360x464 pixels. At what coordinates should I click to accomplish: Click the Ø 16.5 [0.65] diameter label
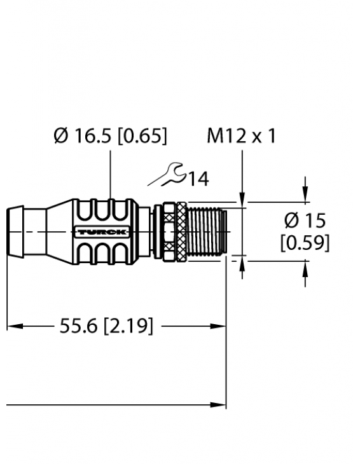[x=111, y=136]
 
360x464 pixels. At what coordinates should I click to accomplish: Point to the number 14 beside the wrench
[x=198, y=179]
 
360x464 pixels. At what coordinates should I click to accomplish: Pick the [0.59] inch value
[x=305, y=242]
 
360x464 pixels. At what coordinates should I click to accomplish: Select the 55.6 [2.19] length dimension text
[x=106, y=326]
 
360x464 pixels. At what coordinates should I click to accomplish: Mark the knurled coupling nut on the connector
[x=170, y=231]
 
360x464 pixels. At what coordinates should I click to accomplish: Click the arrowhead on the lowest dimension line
[x=219, y=404]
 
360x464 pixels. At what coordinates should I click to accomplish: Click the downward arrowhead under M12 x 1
[x=242, y=196]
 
